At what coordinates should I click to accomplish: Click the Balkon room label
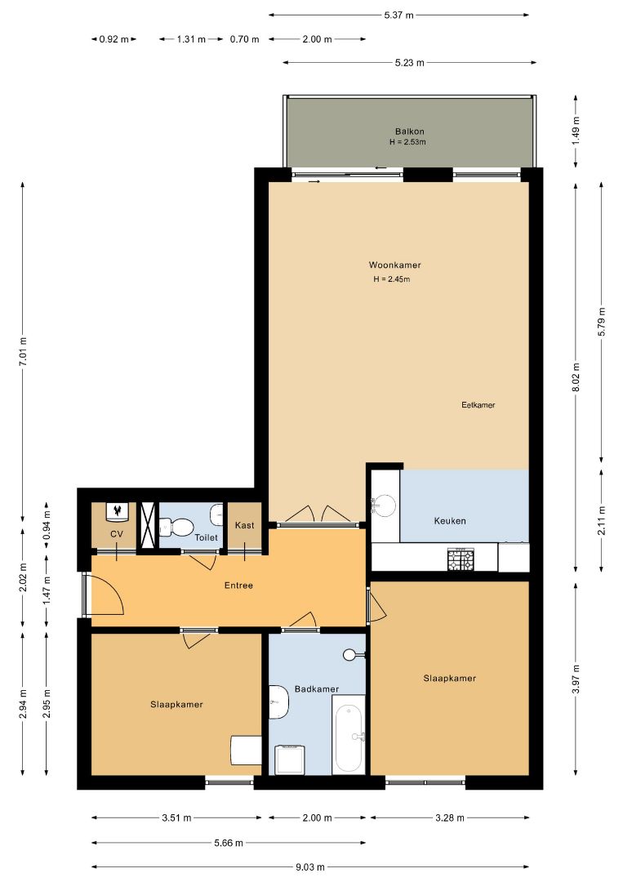[x=409, y=131]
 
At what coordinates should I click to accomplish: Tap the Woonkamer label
[x=394, y=265]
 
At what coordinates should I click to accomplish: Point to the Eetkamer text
[x=478, y=405]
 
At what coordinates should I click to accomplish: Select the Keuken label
[x=450, y=521]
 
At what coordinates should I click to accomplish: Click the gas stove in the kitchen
[x=461, y=559]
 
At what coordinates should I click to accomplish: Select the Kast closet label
[x=245, y=525]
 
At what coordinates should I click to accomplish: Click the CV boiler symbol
[x=118, y=510]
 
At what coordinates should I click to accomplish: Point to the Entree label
[x=238, y=586]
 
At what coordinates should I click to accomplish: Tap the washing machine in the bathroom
[x=290, y=759]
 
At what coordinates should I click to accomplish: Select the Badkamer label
[x=317, y=689]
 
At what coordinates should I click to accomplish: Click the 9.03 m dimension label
[x=309, y=867]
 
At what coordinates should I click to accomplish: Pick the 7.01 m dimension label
[x=23, y=351]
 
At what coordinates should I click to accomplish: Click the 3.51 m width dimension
[x=176, y=817]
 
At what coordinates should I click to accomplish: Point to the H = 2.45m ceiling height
[x=392, y=279]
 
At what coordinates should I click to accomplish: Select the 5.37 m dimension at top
[x=398, y=16]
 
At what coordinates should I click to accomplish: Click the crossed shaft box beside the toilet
[x=148, y=525]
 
